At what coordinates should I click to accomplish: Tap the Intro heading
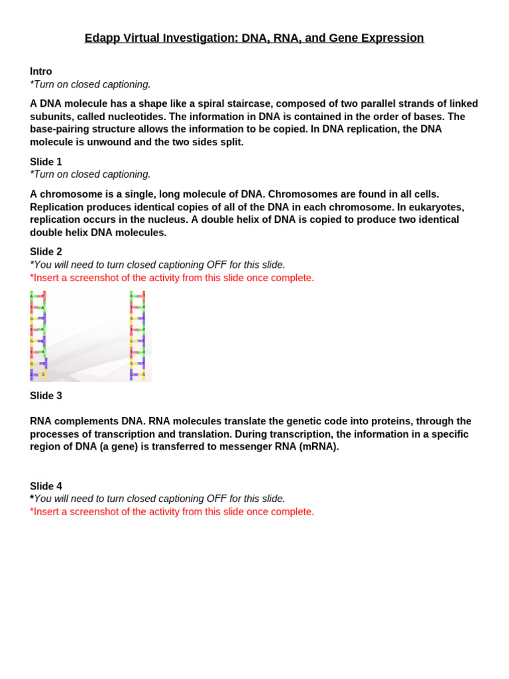[41, 72]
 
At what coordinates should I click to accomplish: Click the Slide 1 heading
[46, 162]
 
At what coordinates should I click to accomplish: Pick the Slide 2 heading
[46, 252]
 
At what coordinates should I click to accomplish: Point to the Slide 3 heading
[46, 396]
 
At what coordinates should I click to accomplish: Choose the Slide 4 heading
[46, 486]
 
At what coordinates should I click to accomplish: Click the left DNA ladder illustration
[38, 336]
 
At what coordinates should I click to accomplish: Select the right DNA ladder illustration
[138, 336]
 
